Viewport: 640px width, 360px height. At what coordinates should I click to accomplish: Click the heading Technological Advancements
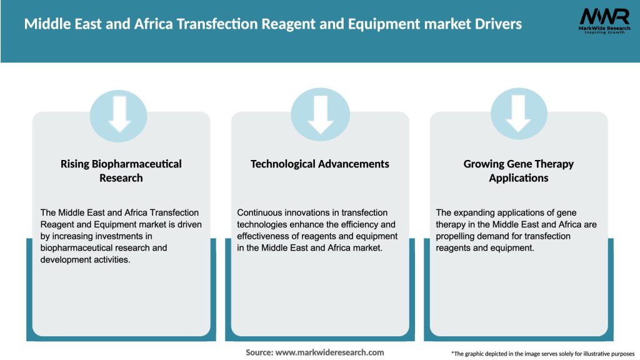click(x=319, y=164)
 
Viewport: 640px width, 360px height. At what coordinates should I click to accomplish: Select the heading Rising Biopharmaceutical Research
click(x=121, y=171)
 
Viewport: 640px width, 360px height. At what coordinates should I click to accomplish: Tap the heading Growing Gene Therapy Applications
click(x=518, y=171)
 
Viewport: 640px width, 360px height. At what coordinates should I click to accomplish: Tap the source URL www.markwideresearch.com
click(x=330, y=352)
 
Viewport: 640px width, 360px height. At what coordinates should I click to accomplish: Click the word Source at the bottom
click(x=259, y=352)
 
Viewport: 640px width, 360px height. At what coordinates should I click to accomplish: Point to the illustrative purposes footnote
click(x=542, y=354)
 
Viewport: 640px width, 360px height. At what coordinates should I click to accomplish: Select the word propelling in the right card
click(x=459, y=236)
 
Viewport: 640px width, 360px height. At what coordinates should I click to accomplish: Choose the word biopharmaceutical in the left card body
click(x=78, y=247)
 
